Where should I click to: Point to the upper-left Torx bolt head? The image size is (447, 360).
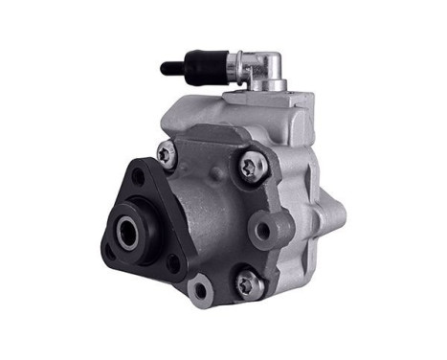(x=167, y=153)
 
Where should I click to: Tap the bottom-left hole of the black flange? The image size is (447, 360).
(x=108, y=248)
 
